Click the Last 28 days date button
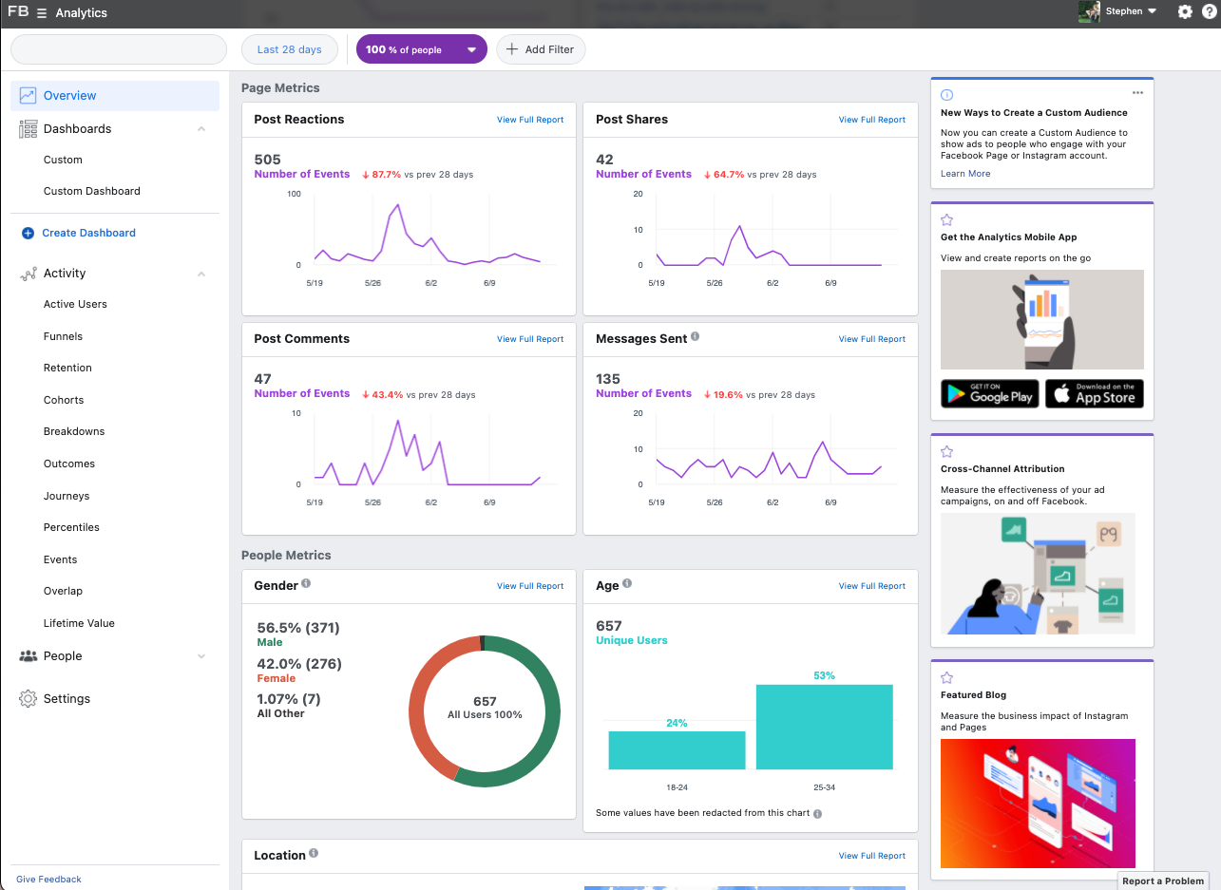[x=290, y=49]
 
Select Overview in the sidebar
[x=69, y=95]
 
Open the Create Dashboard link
[x=88, y=233]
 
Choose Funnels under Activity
[x=63, y=336]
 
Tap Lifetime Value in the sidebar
[x=79, y=623]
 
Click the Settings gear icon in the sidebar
[x=28, y=699]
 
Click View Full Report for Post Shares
[x=871, y=120]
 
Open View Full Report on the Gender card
[x=529, y=586]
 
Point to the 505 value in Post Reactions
[x=268, y=160]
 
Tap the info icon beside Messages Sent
[x=695, y=336]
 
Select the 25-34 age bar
[x=824, y=726]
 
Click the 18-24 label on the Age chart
[x=677, y=787]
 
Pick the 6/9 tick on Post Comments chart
[x=488, y=502]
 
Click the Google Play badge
[x=989, y=393]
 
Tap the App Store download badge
[x=1094, y=393]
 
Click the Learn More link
[x=964, y=174]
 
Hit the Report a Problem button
[x=1162, y=881]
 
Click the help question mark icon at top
[x=1209, y=11]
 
